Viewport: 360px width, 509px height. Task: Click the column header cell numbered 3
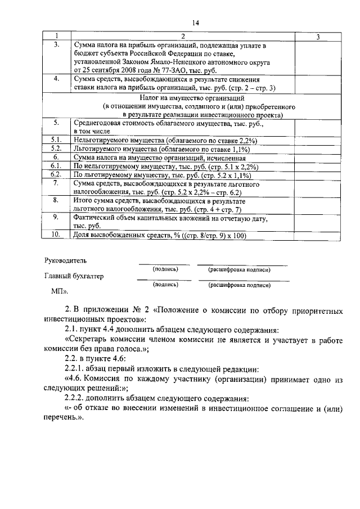[318, 37]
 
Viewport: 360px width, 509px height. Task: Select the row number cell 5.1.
[56, 139]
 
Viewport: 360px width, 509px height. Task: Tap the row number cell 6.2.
[56, 175]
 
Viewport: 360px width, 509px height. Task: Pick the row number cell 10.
[56, 235]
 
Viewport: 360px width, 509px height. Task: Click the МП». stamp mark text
[59, 291]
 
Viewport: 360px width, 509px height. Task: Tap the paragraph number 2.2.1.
[76, 369]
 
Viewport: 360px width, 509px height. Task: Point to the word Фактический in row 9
[96, 218]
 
